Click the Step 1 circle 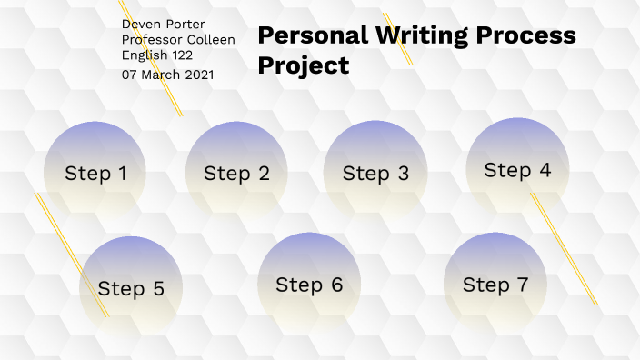(95, 172)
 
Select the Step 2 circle (236, 173)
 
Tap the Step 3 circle (375, 173)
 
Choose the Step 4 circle (517, 169)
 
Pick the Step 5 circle (131, 288)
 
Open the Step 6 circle (309, 284)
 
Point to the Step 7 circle (495, 284)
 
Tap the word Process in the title (529, 35)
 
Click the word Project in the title (303, 65)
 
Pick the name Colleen (211, 39)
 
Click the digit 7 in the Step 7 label (521, 284)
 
